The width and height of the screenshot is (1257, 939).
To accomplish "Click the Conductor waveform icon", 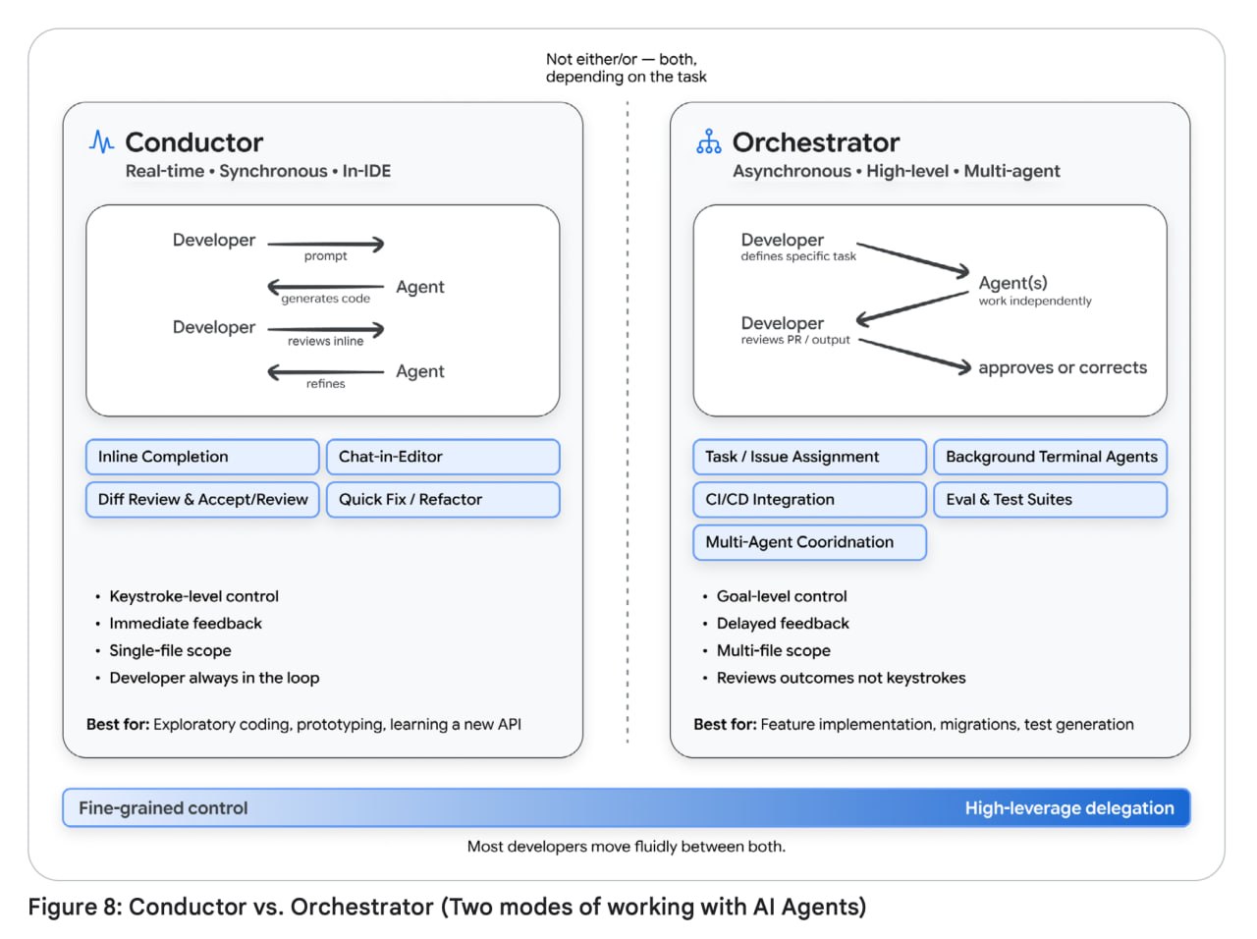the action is click(101, 141).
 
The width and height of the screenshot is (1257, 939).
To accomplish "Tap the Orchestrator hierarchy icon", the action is click(708, 141).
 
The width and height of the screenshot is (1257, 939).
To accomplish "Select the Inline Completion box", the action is click(202, 457).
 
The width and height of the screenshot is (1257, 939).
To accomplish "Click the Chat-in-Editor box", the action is click(443, 457).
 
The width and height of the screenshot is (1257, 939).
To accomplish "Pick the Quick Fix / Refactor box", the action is click(443, 499).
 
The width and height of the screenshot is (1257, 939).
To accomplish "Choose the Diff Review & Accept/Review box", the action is click(202, 499).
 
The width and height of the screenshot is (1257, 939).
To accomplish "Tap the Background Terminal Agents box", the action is click(1050, 457).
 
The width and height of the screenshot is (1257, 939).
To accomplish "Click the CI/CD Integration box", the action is click(809, 499).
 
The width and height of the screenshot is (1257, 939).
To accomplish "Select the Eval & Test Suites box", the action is click(1050, 499).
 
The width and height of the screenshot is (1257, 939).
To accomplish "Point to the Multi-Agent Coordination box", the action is click(809, 542).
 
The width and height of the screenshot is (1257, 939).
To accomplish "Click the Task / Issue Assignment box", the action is click(809, 457).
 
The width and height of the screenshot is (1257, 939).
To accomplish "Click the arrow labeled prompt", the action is click(326, 244).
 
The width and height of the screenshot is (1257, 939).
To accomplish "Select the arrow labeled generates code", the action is click(326, 286).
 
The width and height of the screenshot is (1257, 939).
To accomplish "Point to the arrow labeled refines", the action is click(326, 372).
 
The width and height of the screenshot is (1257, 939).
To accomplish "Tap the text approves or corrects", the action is click(1063, 367).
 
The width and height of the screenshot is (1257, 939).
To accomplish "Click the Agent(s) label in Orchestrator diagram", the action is click(1012, 283).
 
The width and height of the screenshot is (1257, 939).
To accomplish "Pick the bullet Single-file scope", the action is click(170, 650).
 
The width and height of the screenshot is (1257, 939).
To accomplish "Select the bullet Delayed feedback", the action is click(783, 623).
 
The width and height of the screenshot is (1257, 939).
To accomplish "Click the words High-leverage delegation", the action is click(1069, 808).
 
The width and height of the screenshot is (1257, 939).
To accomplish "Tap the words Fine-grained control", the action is click(163, 808).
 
